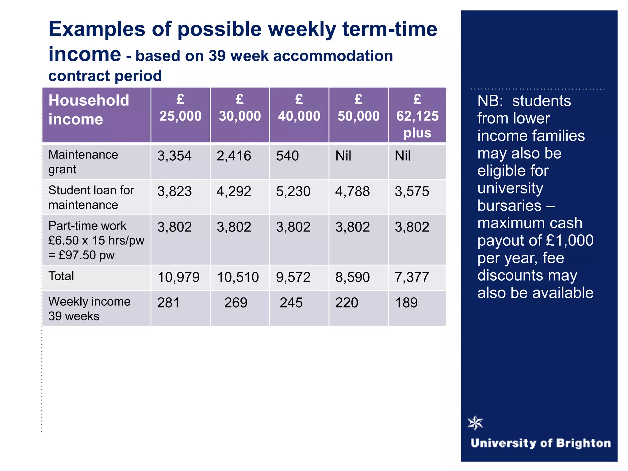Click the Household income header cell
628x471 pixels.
coord(89,110)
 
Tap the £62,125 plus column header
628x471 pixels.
coord(417,117)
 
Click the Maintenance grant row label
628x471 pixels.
coord(83,162)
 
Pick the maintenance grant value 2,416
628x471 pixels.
coord(234,156)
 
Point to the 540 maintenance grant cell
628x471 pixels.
coord(287,156)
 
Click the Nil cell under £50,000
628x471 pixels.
coord(343,156)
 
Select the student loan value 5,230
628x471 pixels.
coord(293,191)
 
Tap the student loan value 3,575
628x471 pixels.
coord(412,191)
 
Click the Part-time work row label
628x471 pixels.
coord(96,240)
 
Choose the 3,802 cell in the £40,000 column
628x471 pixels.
coord(293,227)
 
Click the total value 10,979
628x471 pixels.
coord(178,277)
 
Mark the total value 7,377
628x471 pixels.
coord(412,277)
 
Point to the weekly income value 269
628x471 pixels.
coord(235,303)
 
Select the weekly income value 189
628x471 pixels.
coord(406,303)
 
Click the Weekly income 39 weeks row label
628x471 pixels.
coord(89,309)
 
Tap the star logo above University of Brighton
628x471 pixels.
coord(475,423)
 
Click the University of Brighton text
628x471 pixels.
coord(541,443)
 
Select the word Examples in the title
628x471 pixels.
coord(97,29)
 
